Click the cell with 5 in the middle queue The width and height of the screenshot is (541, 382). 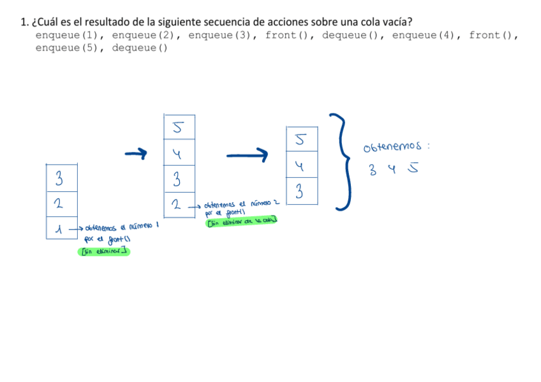pyautogui.click(x=179, y=128)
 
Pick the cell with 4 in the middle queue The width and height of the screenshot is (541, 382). pyautogui.click(x=179, y=154)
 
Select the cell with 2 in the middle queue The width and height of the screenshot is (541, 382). pyautogui.click(x=179, y=205)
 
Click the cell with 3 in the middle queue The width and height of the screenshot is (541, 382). pyautogui.click(x=179, y=179)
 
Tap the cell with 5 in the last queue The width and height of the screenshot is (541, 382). pyautogui.click(x=302, y=139)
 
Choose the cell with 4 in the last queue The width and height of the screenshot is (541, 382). pyautogui.click(x=302, y=166)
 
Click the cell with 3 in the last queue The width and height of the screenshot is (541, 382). pyautogui.click(x=302, y=191)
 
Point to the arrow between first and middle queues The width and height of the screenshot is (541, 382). pyautogui.click(x=135, y=153)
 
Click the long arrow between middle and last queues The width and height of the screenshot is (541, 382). pyautogui.click(x=247, y=154)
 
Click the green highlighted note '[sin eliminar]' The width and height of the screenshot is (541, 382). pyautogui.click(x=103, y=251)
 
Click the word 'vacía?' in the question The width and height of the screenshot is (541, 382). pyautogui.click(x=396, y=22)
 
